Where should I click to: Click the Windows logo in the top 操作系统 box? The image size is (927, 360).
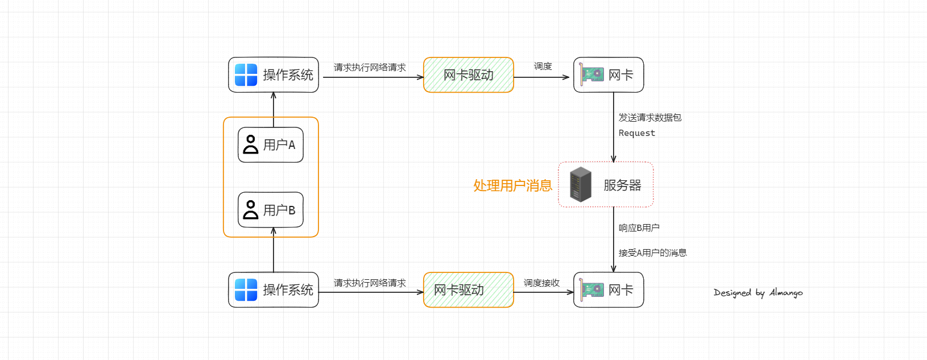[x=246, y=75]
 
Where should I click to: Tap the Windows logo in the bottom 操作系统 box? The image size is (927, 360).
[x=246, y=290]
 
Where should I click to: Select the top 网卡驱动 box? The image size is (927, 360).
[x=469, y=75]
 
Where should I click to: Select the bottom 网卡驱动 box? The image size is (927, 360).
[x=469, y=290]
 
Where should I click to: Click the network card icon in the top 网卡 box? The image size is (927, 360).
[x=591, y=75]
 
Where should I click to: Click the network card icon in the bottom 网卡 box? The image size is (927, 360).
[x=591, y=290]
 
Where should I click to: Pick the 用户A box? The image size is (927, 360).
[x=271, y=145]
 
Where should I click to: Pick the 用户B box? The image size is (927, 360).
[x=271, y=210]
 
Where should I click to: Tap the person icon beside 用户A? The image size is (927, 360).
[x=250, y=144]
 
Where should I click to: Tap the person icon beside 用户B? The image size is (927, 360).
[x=250, y=210]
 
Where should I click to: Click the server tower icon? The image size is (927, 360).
[x=581, y=184]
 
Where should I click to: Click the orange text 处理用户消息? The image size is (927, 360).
[x=512, y=185]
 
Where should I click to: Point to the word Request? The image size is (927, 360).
[x=636, y=133]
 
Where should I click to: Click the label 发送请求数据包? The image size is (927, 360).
[x=649, y=118]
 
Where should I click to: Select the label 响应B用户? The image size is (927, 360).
[x=639, y=228]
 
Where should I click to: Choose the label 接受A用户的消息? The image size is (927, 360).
[x=652, y=253]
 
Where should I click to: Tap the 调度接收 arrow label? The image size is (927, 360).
[x=541, y=283]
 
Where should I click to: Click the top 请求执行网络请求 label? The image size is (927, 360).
[x=370, y=68]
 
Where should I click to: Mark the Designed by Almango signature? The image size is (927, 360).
[x=758, y=293]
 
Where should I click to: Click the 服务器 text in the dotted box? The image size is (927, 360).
[x=622, y=185]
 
